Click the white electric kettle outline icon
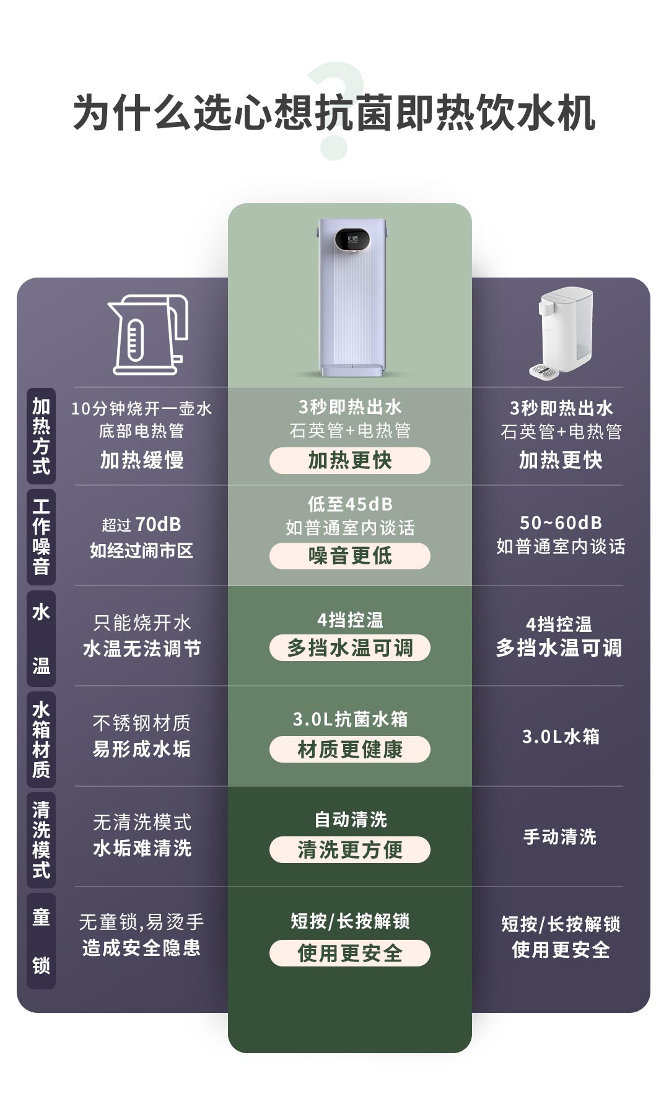[x=148, y=335]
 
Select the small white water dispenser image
[x=561, y=332]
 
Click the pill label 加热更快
[x=349, y=460]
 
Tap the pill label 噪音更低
[x=349, y=556]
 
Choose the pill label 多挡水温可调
[x=349, y=648]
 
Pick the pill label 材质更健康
[x=349, y=750]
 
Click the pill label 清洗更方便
[x=349, y=850]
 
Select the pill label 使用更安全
[x=349, y=953]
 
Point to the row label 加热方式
[x=41, y=436]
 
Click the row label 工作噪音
[x=41, y=537]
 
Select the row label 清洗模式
[x=41, y=839]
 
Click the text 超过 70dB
[x=142, y=525]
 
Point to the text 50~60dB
[x=561, y=523]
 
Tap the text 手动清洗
[x=560, y=837]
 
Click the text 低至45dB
[x=350, y=504]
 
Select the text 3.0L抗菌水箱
[x=350, y=719]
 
